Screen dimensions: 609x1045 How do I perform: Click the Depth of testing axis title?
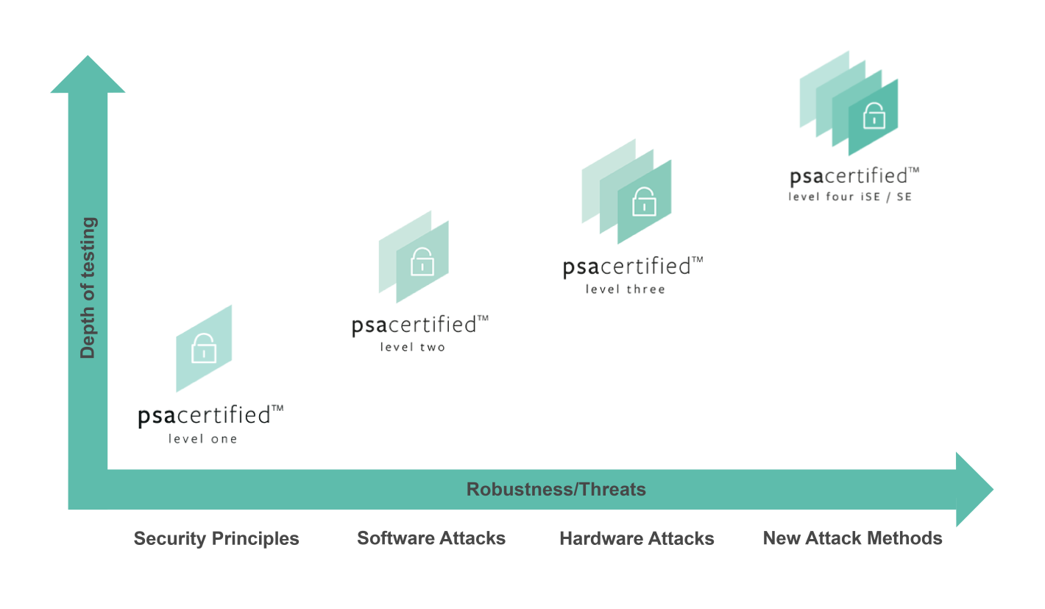click(x=88, y=288)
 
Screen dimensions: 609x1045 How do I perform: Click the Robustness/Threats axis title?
click(x=556, y=489)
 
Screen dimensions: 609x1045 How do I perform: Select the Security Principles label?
click(x=216, y=538)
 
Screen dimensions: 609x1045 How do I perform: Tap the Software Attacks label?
click(x=431, y=538)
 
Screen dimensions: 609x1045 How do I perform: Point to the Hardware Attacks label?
click(x=637, y=538)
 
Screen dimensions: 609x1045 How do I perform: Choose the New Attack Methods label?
click(x=852, y=538)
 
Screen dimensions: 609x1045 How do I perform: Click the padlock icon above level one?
click(x=203, y=348)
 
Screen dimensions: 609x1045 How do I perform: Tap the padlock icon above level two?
click(x=422, y=261)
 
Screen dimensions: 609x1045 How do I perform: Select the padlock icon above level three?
click(x=644, y=201)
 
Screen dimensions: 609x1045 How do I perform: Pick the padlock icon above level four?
click(x=874, y=116)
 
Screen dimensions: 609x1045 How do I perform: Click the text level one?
click(x=203, y=440)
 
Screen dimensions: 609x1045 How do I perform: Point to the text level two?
click(x=413, y=347)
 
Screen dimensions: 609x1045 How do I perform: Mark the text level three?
click(x=626, y=289)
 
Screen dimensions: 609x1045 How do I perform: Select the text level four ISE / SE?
click(x=850, y=197)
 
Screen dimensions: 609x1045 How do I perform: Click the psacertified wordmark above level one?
click(x=210, y=415)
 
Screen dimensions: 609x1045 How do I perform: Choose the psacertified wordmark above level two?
click(x=419, y=325)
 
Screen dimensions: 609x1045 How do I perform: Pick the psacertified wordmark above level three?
click(x=632, y=266)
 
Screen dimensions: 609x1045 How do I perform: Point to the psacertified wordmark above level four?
click(x=854, y=177)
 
